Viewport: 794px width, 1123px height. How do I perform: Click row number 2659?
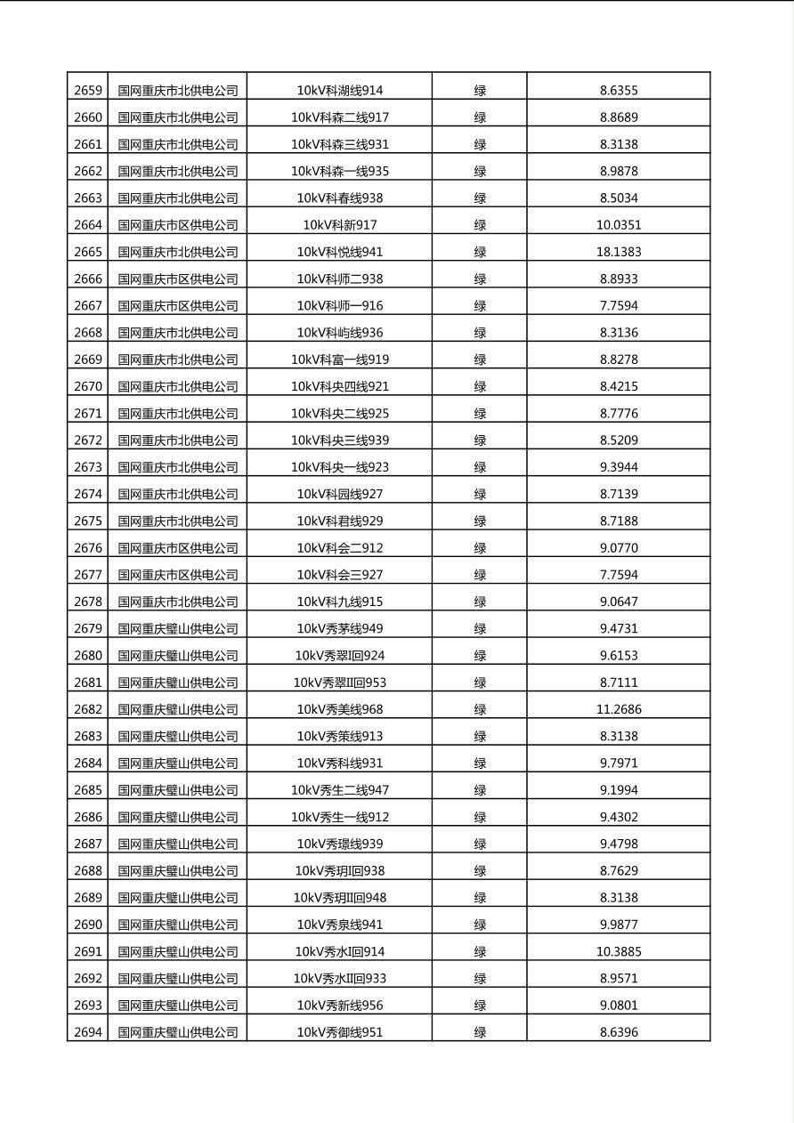click(88, 90)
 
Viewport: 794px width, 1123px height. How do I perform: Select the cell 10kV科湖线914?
click(340, 90)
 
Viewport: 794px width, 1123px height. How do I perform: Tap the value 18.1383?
click(619, 252)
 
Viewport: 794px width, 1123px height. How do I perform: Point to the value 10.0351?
click(619, 225)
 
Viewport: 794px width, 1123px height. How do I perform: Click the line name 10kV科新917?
click(340, 225)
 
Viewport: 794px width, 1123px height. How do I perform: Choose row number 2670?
click(88, 386)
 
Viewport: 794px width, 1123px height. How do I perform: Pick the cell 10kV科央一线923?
click(340, 467)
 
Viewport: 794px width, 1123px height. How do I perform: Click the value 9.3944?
click(619, 467)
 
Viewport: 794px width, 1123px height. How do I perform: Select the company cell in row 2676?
click(178, 548)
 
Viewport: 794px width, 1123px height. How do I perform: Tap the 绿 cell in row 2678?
click(480, 602)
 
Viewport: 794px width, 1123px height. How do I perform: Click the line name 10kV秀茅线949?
click(340, 628)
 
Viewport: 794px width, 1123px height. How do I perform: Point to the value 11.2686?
click(619, 709)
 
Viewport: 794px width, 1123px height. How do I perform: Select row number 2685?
click(88, 790)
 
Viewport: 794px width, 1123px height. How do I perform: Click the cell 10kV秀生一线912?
click(340, 817)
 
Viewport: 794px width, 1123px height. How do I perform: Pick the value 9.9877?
click(619, 925)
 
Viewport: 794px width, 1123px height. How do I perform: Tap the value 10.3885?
click(619, 951)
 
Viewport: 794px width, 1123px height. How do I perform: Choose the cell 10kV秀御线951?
click(340, 1032)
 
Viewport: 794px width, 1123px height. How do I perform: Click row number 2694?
click(88, 1032)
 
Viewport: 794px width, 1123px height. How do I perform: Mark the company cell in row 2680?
click(178, 656)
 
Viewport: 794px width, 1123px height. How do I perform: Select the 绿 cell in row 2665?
click(480, 252)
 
